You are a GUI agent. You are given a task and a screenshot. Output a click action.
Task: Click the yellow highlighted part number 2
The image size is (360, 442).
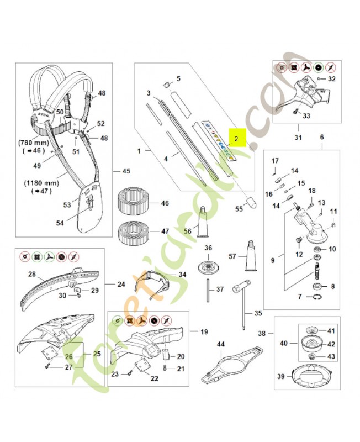pos(236,139)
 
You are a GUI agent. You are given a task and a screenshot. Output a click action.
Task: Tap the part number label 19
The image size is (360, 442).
pos(204,332)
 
